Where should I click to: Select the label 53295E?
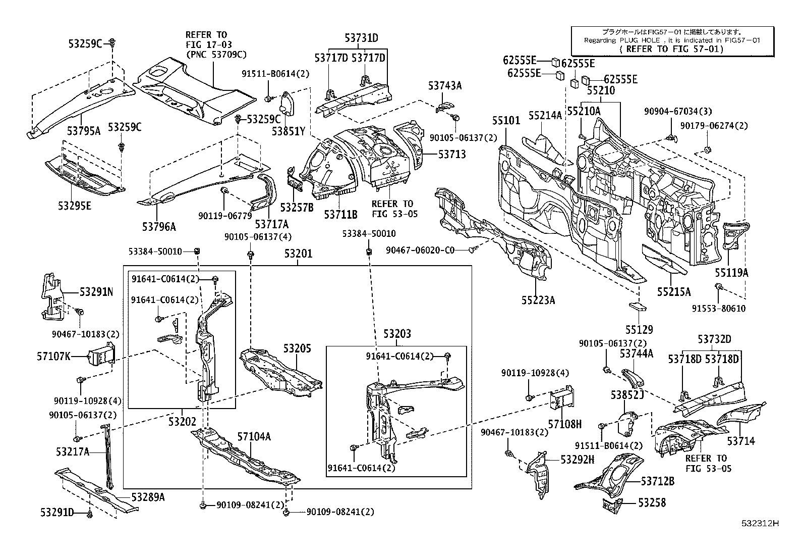(75, 206)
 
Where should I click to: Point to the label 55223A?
(538, 300)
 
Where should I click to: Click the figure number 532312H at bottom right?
(759, 523)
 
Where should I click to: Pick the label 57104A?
(254, 436)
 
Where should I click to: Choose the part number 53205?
(297, 348)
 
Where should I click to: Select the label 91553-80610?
(718, 309)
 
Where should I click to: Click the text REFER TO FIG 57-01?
(671, 49)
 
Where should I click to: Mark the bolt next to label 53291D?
(90, 514)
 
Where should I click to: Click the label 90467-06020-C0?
(421, 250)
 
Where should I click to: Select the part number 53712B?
(657, 481)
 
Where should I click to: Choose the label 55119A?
(731, 273)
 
